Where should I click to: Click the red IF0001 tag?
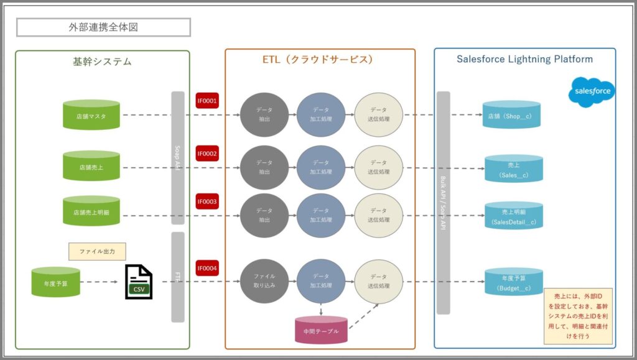click(207, 100)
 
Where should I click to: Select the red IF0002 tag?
click(207, 153)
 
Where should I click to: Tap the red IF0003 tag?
click(207, 201)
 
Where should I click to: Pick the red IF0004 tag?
click(207, 268)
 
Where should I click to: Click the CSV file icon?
click(138, 282)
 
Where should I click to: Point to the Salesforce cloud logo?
click(592, 91)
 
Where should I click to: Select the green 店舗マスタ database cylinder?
click(91, 115)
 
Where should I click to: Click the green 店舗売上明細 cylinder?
click(91, 212)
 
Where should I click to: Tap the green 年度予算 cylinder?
click(56, 282)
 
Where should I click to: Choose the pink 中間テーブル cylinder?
click(320, 330)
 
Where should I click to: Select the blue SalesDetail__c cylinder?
click(514, 215)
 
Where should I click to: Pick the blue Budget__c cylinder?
click(514, 282)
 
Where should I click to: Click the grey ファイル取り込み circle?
click(264, 282)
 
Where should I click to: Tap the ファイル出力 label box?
click(97, 251)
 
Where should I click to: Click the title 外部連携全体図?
click(103, 27)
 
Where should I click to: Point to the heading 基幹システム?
click(102, 61)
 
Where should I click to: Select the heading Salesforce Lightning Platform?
click(524, 60)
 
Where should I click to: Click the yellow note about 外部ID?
click(579, 316)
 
